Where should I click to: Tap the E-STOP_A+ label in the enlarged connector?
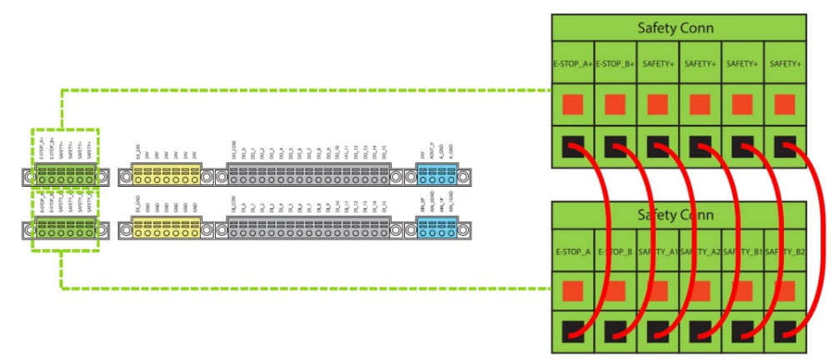[573, 63]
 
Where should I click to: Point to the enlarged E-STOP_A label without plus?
[573, 251]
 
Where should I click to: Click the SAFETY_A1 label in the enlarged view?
[658, 251]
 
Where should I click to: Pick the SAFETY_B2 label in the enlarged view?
[785, 251]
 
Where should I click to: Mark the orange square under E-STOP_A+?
[573, 105]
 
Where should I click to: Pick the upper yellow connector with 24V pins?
[167, 176]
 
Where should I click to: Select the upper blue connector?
[436, 176]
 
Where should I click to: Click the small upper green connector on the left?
[65, 176]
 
